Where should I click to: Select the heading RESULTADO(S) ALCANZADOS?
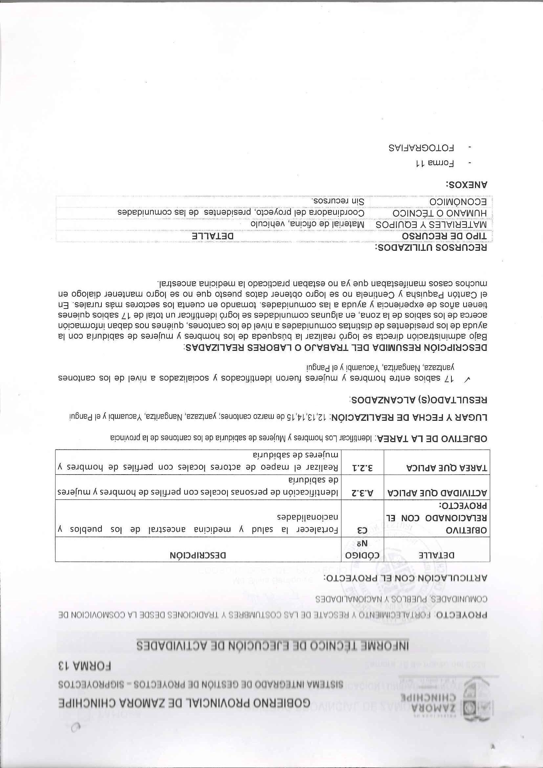point(419,399)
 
